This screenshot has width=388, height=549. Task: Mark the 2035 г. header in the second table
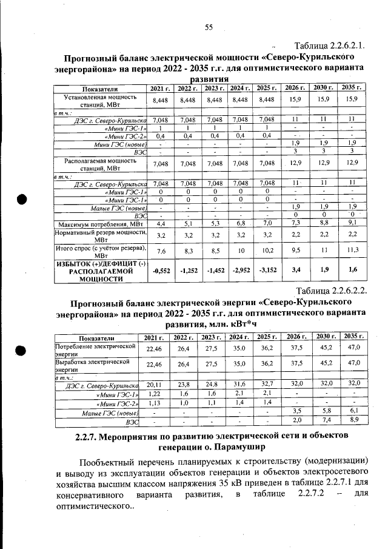click(353, 337)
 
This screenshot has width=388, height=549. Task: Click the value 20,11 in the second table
click(153, 383)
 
